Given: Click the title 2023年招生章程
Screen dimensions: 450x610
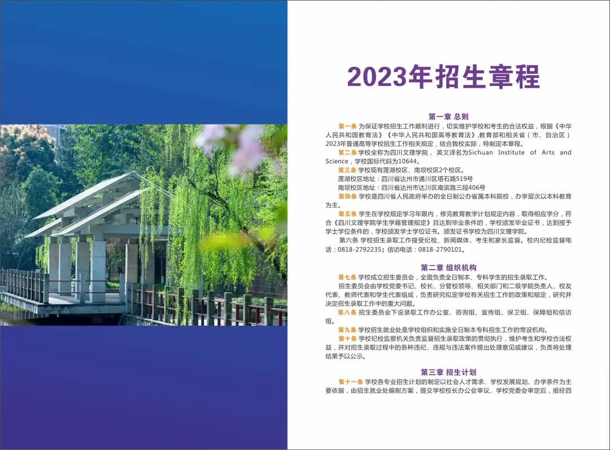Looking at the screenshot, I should point(443,77).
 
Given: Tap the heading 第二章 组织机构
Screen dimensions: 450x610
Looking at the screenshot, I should point(448,267).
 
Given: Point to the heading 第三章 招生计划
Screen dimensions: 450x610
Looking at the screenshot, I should point(448,372).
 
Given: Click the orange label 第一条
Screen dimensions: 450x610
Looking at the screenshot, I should point(347,126).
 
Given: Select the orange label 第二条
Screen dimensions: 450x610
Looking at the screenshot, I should point(347,153).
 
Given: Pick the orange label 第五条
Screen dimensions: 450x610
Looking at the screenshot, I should point(347,214).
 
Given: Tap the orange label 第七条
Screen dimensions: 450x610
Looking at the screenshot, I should point(347,277).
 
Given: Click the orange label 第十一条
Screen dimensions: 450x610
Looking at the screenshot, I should point(351,382).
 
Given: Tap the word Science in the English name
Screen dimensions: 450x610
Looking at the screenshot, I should point(337,161).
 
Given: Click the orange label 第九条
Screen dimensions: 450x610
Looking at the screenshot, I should point(347,330).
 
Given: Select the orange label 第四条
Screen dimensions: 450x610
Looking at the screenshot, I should point(347,196).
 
